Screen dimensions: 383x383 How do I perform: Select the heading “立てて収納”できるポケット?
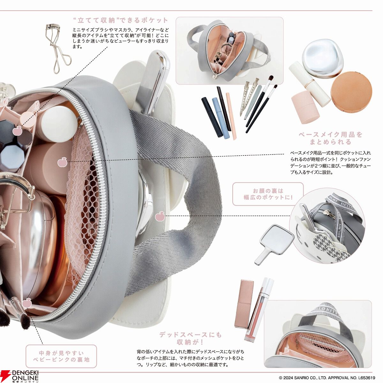(121, 20)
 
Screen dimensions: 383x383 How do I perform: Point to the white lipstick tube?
(307, 83)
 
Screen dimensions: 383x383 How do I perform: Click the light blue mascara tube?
(220, 118)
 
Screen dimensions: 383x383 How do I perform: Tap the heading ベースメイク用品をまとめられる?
(331, 138)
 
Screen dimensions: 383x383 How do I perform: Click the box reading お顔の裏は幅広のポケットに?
(268, 194)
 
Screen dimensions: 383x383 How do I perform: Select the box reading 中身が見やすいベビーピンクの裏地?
(61, 356)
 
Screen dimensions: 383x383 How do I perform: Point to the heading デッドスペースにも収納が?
(191, 339)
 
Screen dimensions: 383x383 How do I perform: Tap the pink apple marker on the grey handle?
(159, 216)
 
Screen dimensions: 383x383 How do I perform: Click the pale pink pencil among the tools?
(231, 116)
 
